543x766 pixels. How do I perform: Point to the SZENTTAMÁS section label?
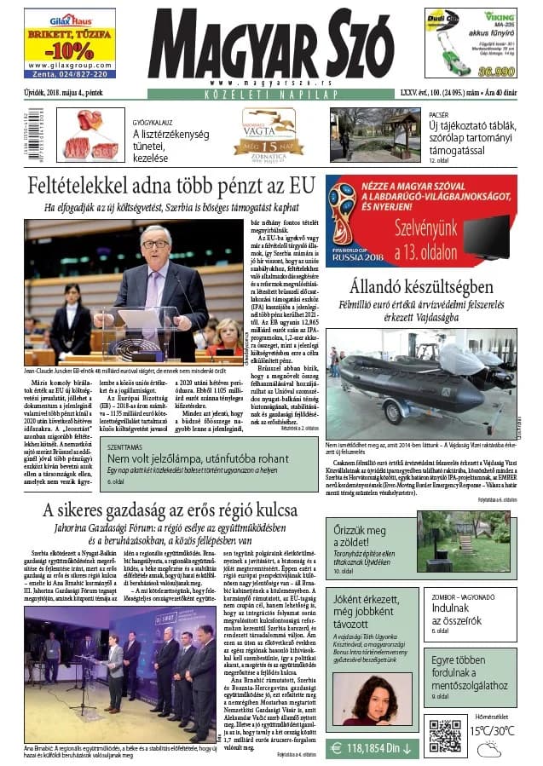click(x=124, y=446)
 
